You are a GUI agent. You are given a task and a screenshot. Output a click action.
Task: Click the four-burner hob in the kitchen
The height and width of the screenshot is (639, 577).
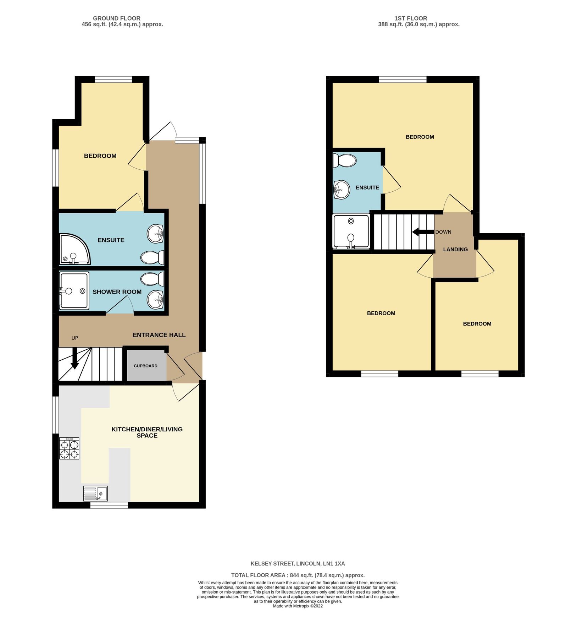[70, 448]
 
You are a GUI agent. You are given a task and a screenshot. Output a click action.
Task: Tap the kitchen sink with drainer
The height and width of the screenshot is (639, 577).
[95, 493]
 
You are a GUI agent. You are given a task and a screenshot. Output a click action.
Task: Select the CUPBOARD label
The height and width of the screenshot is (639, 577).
[145, 366]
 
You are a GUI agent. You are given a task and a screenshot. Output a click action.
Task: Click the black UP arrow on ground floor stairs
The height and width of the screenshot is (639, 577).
[74, 359]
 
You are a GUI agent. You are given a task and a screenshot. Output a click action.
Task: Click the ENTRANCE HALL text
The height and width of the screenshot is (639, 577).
[159, 335]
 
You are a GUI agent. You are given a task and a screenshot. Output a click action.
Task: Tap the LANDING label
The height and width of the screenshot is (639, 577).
[455, 250]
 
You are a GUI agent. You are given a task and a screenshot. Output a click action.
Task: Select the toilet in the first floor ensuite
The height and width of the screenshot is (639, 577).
[344, 160]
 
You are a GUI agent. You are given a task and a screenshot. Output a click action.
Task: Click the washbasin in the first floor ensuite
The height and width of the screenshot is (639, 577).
[342, 190]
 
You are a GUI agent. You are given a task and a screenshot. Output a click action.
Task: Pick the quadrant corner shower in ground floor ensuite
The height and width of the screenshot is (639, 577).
[74, 250]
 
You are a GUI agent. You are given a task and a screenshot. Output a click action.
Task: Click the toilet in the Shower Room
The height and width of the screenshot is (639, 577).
[153, 279]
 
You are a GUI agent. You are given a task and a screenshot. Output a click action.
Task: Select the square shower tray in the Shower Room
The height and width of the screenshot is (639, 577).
[74, 291]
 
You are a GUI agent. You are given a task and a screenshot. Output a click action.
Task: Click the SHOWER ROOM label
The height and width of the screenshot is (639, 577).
[117, 292]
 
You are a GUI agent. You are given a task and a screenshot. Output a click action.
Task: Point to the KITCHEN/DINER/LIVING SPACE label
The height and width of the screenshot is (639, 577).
[147, 432]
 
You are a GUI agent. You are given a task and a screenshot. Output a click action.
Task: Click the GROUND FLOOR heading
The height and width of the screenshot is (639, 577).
[117, 18]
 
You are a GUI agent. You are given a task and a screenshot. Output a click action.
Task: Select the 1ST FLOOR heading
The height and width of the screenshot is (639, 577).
[411, 18]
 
